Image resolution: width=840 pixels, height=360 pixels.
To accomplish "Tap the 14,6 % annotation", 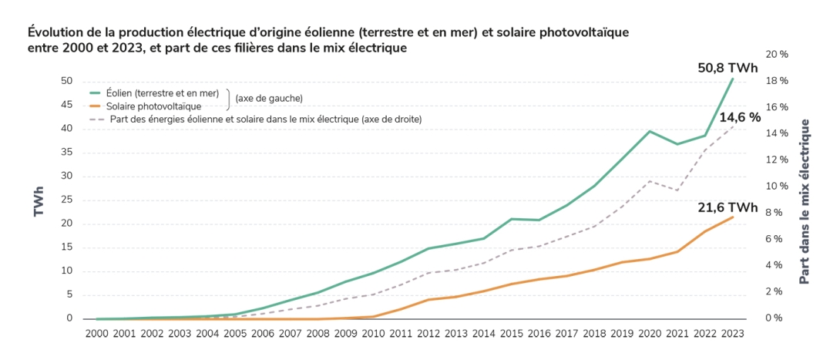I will click(740, 117).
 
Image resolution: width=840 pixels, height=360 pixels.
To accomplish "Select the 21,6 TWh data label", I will click(728, 208).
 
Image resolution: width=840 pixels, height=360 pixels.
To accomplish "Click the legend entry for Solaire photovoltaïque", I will click(153, 106).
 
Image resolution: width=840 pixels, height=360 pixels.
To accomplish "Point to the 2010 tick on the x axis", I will click(373, 333).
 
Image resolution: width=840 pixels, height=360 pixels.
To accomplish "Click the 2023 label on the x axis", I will click(732, 333).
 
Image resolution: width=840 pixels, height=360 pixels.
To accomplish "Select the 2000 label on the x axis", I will click(96, 333).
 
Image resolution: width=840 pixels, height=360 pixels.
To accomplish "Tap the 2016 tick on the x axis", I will click(539, 333).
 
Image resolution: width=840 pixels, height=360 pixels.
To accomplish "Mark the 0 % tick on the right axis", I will click(774, 318).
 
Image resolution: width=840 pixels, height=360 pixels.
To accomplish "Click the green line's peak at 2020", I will click(650, 131).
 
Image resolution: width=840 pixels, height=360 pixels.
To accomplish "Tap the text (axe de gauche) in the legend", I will click(269, 99).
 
